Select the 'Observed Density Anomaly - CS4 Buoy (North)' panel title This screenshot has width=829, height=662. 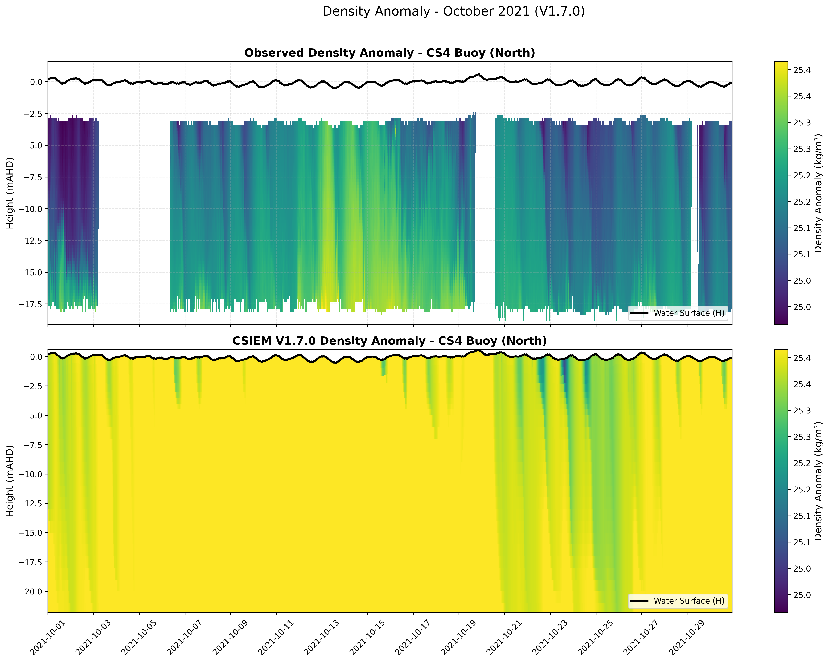[389, 53]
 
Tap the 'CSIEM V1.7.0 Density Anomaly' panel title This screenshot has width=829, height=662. [389, 341]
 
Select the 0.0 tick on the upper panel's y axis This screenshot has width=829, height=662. [37, 82]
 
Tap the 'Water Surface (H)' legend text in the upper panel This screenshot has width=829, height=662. [689, 313]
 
